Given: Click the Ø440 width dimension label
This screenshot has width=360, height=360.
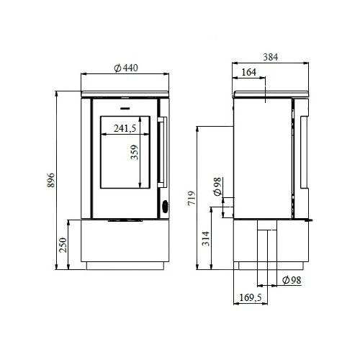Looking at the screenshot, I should (x=126, y=67).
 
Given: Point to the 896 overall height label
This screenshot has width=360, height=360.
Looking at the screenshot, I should (x=51, y=180).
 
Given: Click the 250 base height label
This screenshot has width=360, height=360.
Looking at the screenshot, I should (x=63, y=245).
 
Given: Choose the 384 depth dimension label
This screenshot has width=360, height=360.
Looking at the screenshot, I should (x=270, y=56).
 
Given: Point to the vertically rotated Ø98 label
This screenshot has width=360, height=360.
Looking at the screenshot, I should (x=217, y=186).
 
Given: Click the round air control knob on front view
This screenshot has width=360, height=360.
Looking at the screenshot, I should (x=163, y=207).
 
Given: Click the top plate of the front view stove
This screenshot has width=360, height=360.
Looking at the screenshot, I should (x=126, y=94).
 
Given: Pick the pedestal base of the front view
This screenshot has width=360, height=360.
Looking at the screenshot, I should (x=126, y=245).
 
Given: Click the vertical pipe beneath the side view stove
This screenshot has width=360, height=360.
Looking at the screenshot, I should (x=266, y=252).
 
